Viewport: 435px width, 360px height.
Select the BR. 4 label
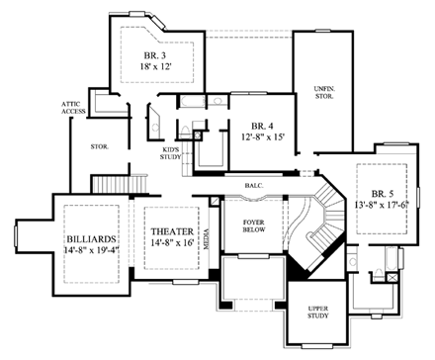click(x=261, y=126)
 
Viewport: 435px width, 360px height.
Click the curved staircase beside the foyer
click(x=315, y=227)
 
